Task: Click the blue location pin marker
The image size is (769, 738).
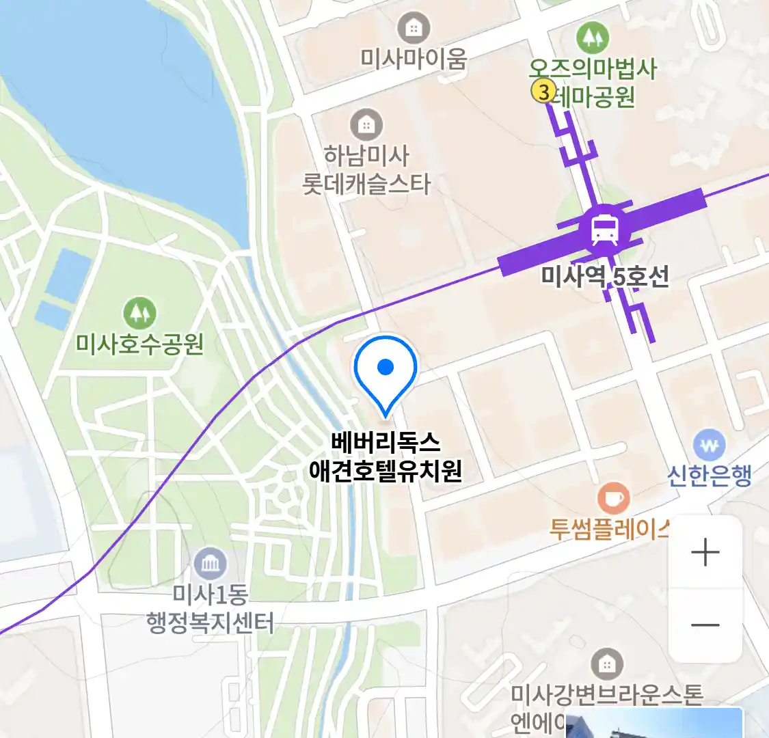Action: pyautogui.click(x=386, y=372)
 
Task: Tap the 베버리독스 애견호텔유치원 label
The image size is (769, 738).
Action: pyautogui.click(x=386, y=456)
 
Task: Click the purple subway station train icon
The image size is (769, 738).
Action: pyautogui.click(x=605, y=230)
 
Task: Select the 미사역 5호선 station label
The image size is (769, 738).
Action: pyautogui.click(x=605, y=277)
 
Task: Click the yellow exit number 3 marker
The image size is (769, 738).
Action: pyautogui.click(x=543, y=91)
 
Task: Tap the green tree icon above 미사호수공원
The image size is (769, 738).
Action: pyautogui.click(x=139, y=313)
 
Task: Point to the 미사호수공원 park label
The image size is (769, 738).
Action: pyautogui.click(x=139, y=343)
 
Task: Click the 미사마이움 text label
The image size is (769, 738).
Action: pyautogui.click(x=414, y=59)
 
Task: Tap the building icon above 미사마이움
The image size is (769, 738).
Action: pyautogui.click(x=414, y=28)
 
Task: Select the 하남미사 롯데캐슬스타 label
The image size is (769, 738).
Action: pyautogui.click(x=367, y=170)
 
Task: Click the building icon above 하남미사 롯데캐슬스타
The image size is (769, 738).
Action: pyautogui.click(x=367, y=124)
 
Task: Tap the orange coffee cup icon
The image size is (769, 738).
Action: pyautogui.click(x=613, y=498)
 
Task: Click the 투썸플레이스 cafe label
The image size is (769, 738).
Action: pyautogui.click(x=609, y=530)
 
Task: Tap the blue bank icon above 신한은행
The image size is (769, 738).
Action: pyautogui.click(x=709, y=445)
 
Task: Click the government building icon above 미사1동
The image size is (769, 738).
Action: pyautogui.click(x=210, y=564)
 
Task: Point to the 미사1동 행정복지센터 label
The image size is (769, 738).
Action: pyautogui.click(x=210, y=608)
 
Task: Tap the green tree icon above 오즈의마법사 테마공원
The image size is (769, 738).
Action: pyautogui.click(x=592, y=38)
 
